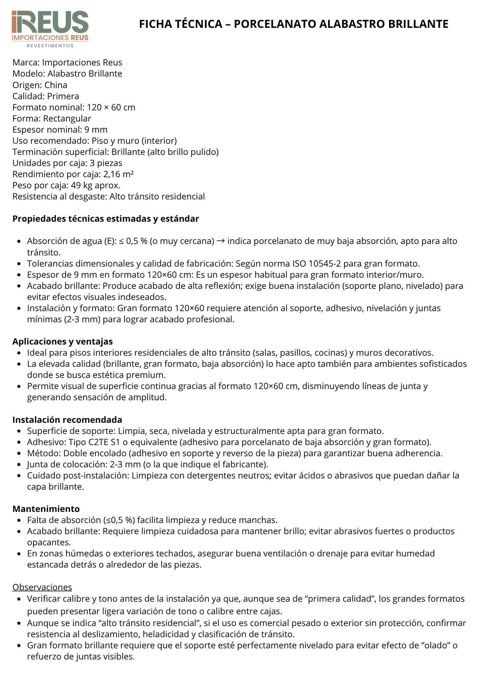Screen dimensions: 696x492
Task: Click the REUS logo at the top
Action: [x=50, y=22]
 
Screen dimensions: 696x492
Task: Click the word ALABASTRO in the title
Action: [x=351, y=24]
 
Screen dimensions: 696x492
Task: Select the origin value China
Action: [x=56, y=85]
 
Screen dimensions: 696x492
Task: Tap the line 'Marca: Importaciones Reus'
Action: [x=68, y=63]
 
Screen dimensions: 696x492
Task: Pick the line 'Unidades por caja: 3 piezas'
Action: [x=68, y=163]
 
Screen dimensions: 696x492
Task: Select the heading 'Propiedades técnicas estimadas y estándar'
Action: [x=106, y=219]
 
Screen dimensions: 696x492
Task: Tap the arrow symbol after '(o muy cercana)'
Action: [x=221, y=241]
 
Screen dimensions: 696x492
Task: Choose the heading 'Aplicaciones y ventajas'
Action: [x=63, y=341]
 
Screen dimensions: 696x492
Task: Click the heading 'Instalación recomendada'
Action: [x=67, y=420]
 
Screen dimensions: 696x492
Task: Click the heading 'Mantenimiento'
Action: [x=46, y=509]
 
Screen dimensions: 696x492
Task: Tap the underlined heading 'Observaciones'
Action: [x=42, y=587]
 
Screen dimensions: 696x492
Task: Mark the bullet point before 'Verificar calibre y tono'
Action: [x=19, y=599]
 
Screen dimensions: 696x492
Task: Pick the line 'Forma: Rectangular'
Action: [x=52, y=118]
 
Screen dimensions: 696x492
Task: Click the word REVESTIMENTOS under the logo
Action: [x=50, y=46]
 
